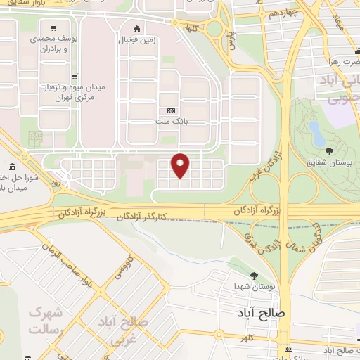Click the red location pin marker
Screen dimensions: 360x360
pyautogui.click(x=181, y=165)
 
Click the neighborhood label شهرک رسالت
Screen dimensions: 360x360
pyautogui.click(x=46, y=321)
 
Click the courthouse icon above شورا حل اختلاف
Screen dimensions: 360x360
pyautogui.click(x=30, y=139)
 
